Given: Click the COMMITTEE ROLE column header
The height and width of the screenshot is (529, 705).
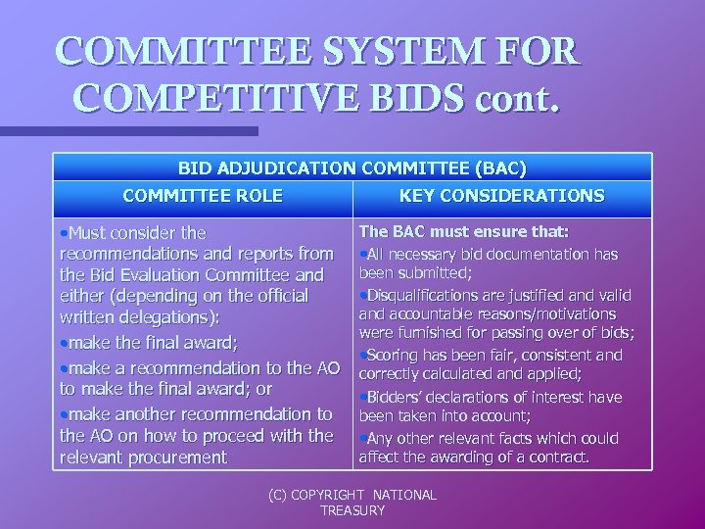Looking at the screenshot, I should (203, 196).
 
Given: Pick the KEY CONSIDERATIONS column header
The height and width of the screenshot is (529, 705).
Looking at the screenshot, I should (501, 196).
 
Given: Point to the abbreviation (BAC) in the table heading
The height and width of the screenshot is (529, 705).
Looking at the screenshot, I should (496, 168).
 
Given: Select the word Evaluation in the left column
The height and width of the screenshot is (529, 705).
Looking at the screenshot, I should (168, 276).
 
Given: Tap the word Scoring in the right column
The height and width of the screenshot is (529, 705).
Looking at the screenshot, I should (395, 356).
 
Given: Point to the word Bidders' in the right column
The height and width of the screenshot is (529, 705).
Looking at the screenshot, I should (399, 396).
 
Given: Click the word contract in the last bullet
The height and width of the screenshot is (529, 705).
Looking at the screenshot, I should (555, 456).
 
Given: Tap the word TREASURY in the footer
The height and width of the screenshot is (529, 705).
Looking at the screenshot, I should (352, 510).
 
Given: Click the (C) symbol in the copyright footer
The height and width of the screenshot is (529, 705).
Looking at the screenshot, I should (280, 495).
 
